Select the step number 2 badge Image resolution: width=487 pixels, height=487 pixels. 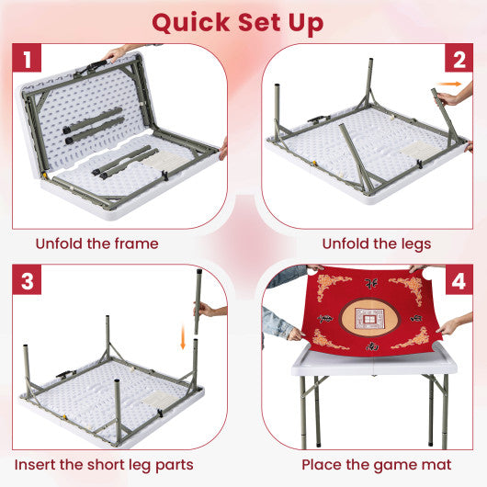457,62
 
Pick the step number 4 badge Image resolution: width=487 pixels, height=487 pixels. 457,281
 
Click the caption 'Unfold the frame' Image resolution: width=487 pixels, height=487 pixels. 97,244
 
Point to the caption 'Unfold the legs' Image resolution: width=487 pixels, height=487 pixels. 376,244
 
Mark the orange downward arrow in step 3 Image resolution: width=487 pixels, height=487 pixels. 183,342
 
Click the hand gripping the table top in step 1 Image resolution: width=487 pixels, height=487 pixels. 115,52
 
